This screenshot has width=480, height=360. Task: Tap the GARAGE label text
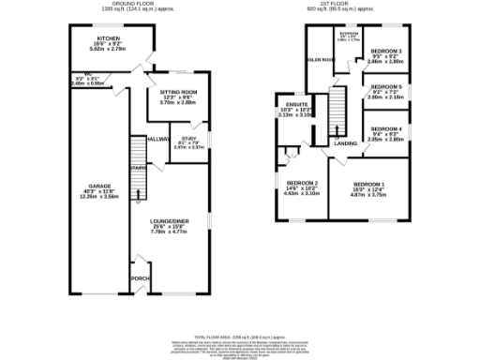click(x=99, y=186)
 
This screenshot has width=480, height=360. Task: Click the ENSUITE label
click(x=287, y=103)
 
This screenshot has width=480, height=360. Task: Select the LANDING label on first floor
click(x=344, y=143)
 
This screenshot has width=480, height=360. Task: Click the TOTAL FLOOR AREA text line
click(x=240, y=335)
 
